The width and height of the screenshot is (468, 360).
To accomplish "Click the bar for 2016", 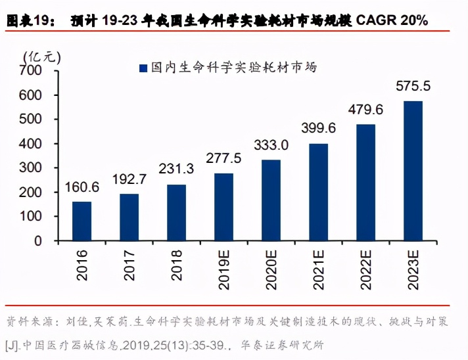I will (x=82, y=221).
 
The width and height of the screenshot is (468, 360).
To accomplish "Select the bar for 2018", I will (x=176, y=212).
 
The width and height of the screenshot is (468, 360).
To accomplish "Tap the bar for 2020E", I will (x=271, y=200).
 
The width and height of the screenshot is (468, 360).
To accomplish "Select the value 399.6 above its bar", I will (x=319, y=128).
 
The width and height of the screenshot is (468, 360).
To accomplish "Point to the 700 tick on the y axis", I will (x=31, y=71).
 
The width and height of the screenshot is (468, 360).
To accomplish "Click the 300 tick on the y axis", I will (x=31, y=168).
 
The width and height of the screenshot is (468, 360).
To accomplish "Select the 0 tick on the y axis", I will (x=37, y=241).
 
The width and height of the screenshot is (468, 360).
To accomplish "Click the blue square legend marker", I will (x=142, y=67).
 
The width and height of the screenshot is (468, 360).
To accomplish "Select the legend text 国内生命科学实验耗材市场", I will (x=233, y=67).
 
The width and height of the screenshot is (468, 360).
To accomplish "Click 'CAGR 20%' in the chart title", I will (x=392, y=20).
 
